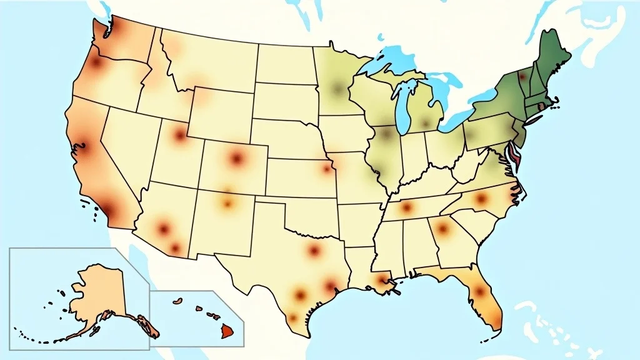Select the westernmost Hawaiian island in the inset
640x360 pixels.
coord(177,301)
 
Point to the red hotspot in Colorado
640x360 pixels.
coord(236,158)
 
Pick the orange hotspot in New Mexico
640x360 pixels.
coord(228,203)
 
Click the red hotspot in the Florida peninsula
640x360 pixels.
coord(479,291)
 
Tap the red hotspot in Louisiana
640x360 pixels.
coord(380,282)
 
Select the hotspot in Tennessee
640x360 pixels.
coord(407,207)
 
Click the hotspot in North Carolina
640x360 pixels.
coord(481,199)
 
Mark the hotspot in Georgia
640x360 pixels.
coord(442,228)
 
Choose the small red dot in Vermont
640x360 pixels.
coord(522,77)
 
